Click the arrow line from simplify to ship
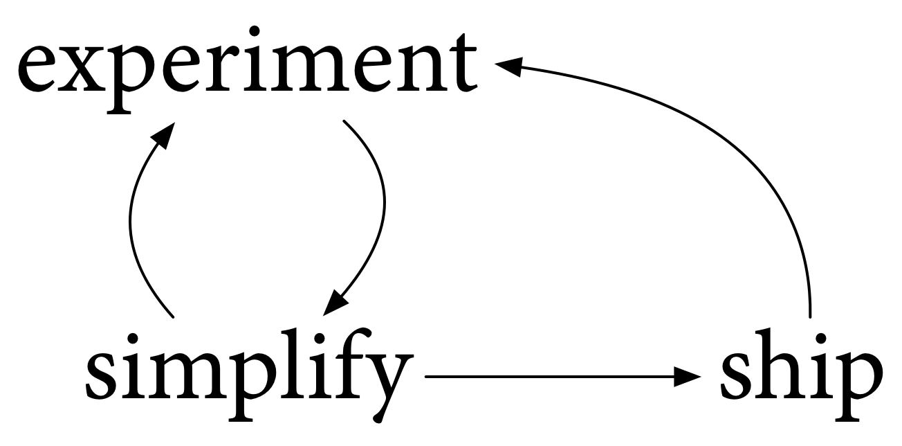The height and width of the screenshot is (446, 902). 553,377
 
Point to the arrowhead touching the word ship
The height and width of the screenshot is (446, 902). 688,377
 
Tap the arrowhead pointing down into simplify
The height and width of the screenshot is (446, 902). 335,305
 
